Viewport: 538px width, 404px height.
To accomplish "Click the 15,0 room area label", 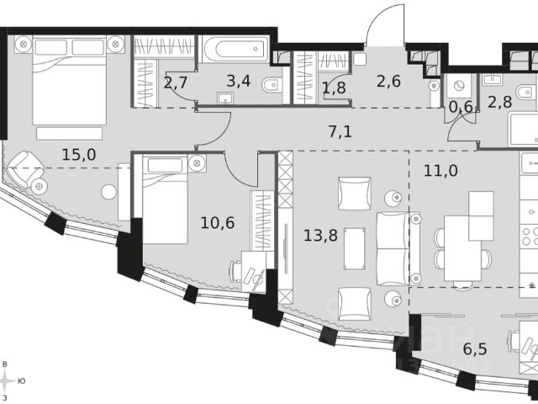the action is coord(78,155).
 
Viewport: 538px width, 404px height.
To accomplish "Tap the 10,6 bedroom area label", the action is coord(218,223).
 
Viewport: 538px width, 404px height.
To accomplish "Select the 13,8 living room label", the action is coord(321,236).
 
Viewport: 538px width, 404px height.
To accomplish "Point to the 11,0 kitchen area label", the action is coord(440,170).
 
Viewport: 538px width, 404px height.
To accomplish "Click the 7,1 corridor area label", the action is coord(340,131).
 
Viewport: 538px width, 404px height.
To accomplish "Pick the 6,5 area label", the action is coord(475,349).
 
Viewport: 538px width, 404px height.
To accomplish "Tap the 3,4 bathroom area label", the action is coord(239,82).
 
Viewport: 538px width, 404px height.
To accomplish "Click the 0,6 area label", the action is coord(461,107).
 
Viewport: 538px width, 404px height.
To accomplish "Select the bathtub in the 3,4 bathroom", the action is coord(235,49).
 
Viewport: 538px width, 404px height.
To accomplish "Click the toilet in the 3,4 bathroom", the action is coord(272,84).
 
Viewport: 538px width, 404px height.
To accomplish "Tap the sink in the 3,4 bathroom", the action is coord(225,98).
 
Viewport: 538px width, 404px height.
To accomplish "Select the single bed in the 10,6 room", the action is coord(165,199).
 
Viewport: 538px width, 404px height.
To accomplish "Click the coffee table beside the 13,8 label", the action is coord(355,248).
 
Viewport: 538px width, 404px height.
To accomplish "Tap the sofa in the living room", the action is coord(398,249).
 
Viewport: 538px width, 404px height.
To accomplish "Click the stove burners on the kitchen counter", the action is coord(530,236).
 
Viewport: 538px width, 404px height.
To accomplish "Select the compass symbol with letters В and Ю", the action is coord(6,380).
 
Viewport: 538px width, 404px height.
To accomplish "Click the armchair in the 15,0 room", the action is coord(24,169).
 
